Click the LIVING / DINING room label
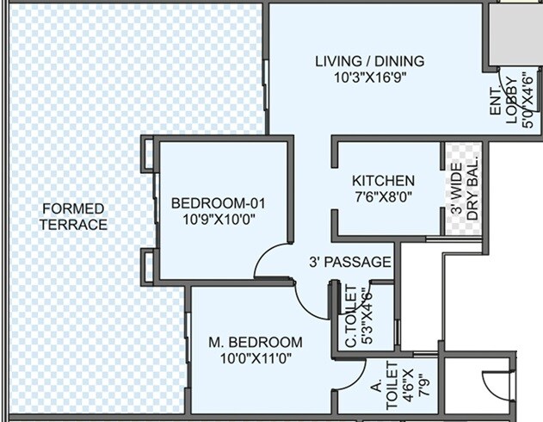pos(369,61)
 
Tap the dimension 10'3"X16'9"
pos(370,77)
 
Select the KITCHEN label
pos(383,181)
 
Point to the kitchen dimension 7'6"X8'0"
pos(383,197)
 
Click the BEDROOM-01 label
pos(219,203)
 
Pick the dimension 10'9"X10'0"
pos(219,220)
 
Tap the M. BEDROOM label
pos(256,342)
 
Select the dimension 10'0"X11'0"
pos(256,358)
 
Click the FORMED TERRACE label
pos(73,217)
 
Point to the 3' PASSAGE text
pos(350,262)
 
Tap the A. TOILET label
pos(385,388)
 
